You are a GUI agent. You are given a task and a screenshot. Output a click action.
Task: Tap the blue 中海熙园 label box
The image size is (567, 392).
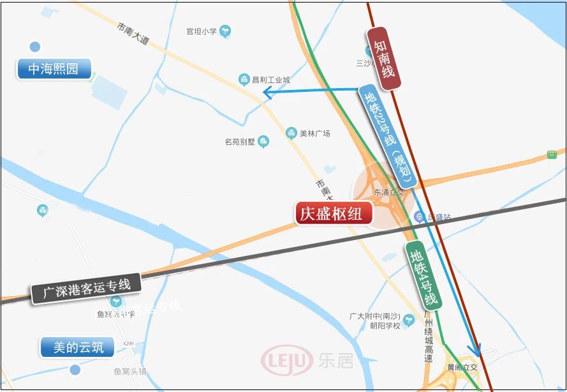point(54,68)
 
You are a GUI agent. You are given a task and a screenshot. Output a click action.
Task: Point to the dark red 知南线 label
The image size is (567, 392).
point(385,58)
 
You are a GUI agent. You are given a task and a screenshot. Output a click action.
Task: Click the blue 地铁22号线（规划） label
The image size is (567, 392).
point(388,135)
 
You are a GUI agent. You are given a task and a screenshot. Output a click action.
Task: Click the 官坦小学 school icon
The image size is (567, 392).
point(225,30)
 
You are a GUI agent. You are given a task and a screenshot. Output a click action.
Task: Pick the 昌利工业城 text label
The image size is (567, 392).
point(270,80)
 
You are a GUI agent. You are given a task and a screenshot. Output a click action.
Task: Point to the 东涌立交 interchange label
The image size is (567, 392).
point(389,192)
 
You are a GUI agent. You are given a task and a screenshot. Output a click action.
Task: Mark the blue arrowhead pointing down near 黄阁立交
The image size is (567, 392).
point(474,351)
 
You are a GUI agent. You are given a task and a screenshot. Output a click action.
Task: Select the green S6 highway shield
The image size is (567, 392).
point(552,155)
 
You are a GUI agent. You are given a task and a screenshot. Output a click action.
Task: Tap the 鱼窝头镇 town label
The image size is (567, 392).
point(130,372)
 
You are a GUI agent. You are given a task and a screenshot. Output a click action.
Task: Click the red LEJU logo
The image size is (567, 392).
point(287,361)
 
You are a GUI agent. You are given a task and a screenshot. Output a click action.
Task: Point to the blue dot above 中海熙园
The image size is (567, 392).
point(35,47)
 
